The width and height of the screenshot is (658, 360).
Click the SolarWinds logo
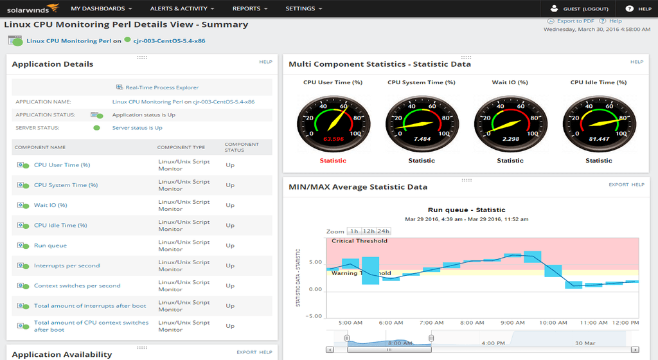click(x=31, y=8)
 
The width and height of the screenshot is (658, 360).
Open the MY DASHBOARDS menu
click(x=102, y=9)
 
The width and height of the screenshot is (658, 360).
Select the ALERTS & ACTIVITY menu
click(x=182, y=9)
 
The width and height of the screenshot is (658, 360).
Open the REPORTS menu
click(x=250, y=9)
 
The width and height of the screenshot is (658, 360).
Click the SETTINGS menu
click(x=304, y=9)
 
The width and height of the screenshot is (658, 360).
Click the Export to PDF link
click(x=575, y=21)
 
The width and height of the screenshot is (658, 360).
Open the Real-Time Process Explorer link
click(x=162, y=87)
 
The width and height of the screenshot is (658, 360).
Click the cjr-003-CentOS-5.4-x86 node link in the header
click(x=170, y=40)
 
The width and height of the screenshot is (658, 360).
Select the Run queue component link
click(x=50, y=246)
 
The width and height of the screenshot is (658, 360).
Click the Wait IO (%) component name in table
click(x=50, y=205)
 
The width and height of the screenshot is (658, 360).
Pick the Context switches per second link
click(x=77, y=285)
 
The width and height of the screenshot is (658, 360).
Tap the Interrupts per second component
click(x=67, y=265)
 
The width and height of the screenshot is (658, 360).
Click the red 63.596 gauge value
click(x=333, y=139)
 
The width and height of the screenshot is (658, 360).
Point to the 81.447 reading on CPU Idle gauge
click(x=598, y=139)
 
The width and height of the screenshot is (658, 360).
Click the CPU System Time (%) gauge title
click(x=422, y=82)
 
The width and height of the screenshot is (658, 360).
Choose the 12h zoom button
click(x=368, y=231)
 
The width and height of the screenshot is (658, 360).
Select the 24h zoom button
click(x=383, y=231)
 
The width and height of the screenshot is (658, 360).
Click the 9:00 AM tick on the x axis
click(x=512, y=323)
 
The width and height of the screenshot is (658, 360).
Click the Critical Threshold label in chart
click(x=359, y=241)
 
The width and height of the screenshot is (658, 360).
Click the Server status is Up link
click(x=137, y=128)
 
